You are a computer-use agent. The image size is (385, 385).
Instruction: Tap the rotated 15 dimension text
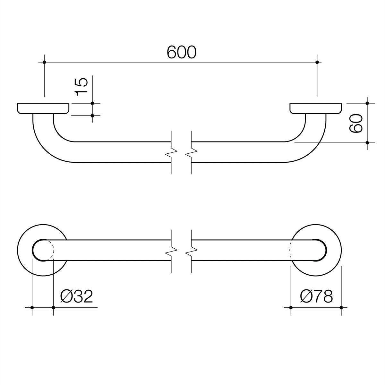(81, 87)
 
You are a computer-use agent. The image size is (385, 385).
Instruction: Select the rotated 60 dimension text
(356, 123)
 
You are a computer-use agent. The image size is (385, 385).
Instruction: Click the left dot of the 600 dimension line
(44, 62)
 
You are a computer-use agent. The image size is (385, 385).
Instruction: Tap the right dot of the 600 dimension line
(317, 62)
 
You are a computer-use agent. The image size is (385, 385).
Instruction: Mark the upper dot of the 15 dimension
(92, 103)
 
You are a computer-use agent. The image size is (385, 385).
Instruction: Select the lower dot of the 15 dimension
(92, 116)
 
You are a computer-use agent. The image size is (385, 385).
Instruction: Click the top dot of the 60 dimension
(368, 103)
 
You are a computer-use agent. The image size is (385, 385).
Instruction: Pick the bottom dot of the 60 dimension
(368, 142)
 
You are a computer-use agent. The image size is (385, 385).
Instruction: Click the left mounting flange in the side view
(43, 108)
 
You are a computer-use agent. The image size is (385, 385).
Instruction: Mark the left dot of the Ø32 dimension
(32, 308)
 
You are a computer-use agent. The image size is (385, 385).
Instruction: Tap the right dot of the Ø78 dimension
(341, 308)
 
